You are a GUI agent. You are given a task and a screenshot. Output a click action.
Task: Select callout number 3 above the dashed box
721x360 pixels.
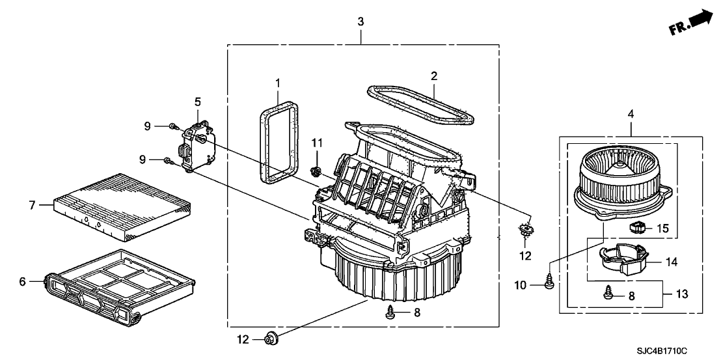pyautogui.click(x=361, y=21)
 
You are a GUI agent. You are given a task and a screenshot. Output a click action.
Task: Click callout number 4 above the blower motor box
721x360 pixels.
pyautogui.click(x=631, y=114)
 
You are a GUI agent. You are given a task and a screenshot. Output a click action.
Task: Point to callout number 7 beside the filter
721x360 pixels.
pyautogui.click(x=31, y=204)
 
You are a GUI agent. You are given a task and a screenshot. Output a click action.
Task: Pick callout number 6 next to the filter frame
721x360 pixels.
pyautogui.click(x=22, y=281)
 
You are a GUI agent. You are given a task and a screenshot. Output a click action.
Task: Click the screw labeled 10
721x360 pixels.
pyautogui.click(x=548, y=284)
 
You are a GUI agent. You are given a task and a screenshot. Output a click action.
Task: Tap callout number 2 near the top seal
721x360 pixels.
pyautogui.click(x=434, y=77)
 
